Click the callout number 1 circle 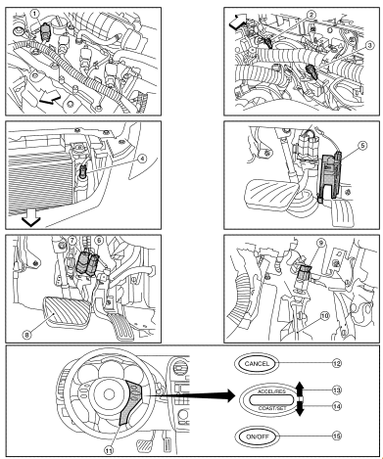coord(34,14)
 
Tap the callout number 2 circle coord(311,15)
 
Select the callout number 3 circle coord(369,45)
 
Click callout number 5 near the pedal coord(362,145)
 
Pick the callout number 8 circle coord(27,335)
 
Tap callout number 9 coord(321,243)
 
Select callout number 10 coord(324,316)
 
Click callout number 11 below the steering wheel coord(109,450)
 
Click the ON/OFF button coord(257,436)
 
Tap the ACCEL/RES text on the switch coord(271,391)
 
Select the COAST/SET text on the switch coord(272,408)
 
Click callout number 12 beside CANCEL coord(337,363)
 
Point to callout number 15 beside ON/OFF coord(337,436)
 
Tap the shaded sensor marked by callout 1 coord(44,33)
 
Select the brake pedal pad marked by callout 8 coord(67,310)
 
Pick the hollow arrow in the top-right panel coord(238,22)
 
